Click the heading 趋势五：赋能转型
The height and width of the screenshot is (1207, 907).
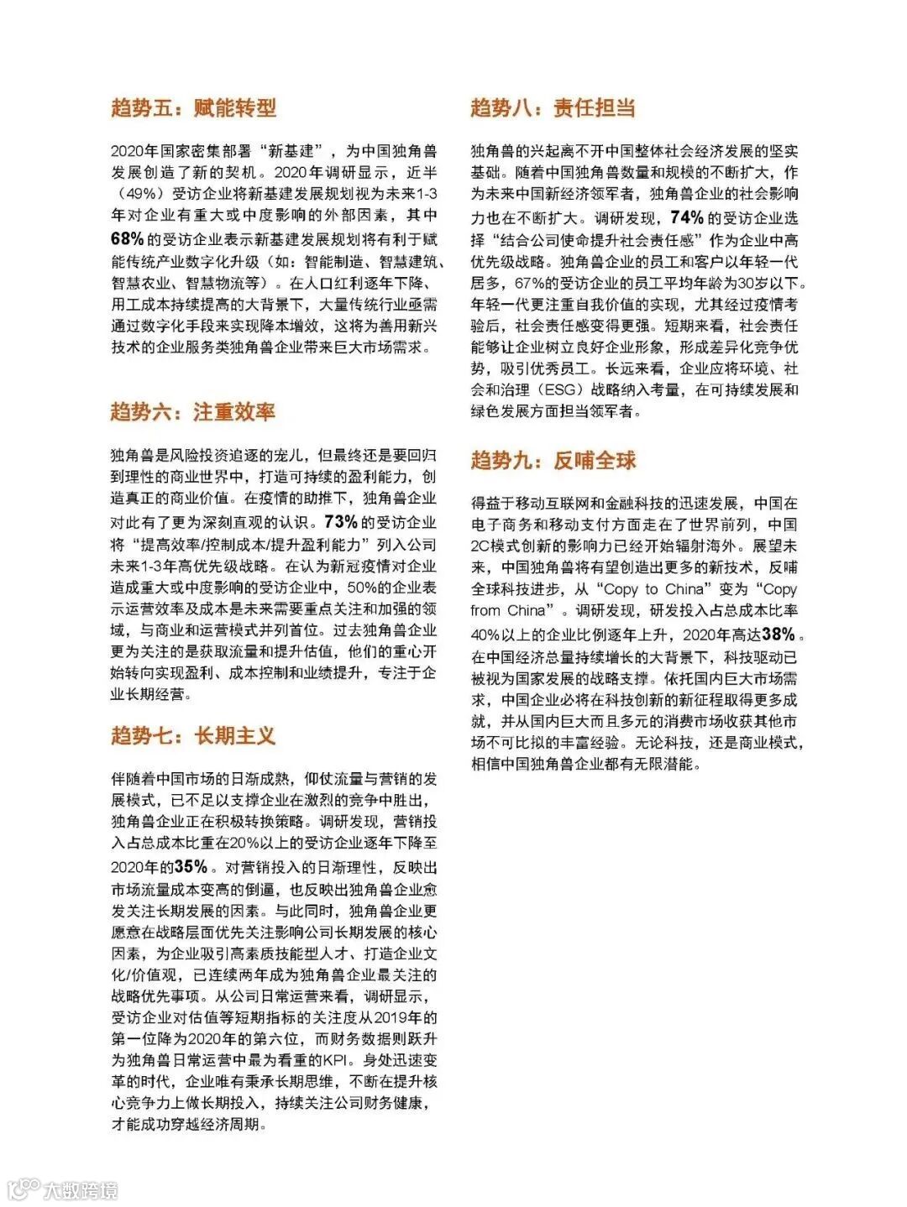(x=193, y=107)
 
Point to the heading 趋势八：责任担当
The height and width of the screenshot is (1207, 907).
(x=553, y=107)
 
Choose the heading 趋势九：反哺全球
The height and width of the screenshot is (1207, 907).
(x=553, y=460)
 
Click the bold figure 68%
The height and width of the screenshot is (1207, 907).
(x=128, y=238)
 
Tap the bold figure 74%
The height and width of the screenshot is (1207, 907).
(x=687, y=217)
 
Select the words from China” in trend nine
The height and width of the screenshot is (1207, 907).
(x=514, y=610)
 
